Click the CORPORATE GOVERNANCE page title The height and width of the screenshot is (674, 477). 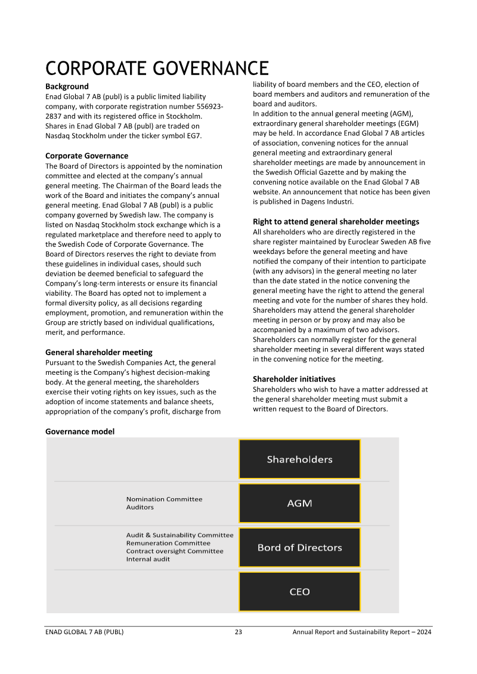[157, 67]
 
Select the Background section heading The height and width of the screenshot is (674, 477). [67, 86]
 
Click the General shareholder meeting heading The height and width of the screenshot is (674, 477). [99, 352]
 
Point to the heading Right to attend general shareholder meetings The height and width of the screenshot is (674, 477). [336, 222]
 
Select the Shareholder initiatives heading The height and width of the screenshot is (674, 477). [294, 379]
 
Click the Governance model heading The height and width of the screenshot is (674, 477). [80, 431]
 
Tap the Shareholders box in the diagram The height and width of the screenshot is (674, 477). [299, 459]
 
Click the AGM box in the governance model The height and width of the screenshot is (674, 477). [299, 503]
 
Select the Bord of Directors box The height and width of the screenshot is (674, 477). [299, 547]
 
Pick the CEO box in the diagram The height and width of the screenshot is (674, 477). [299, 591]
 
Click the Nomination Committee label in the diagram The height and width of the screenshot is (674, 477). [164, 499]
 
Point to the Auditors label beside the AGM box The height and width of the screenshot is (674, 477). [140, 507]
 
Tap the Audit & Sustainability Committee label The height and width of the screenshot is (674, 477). [179, 535]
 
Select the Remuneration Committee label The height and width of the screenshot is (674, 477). [168, 543]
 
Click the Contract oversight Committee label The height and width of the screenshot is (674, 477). [175, 551]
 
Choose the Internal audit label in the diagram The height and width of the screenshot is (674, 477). [148, 559]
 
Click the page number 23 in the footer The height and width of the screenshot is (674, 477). [238, 632]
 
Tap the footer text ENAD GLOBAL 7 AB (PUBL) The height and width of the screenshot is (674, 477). [84, 632]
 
